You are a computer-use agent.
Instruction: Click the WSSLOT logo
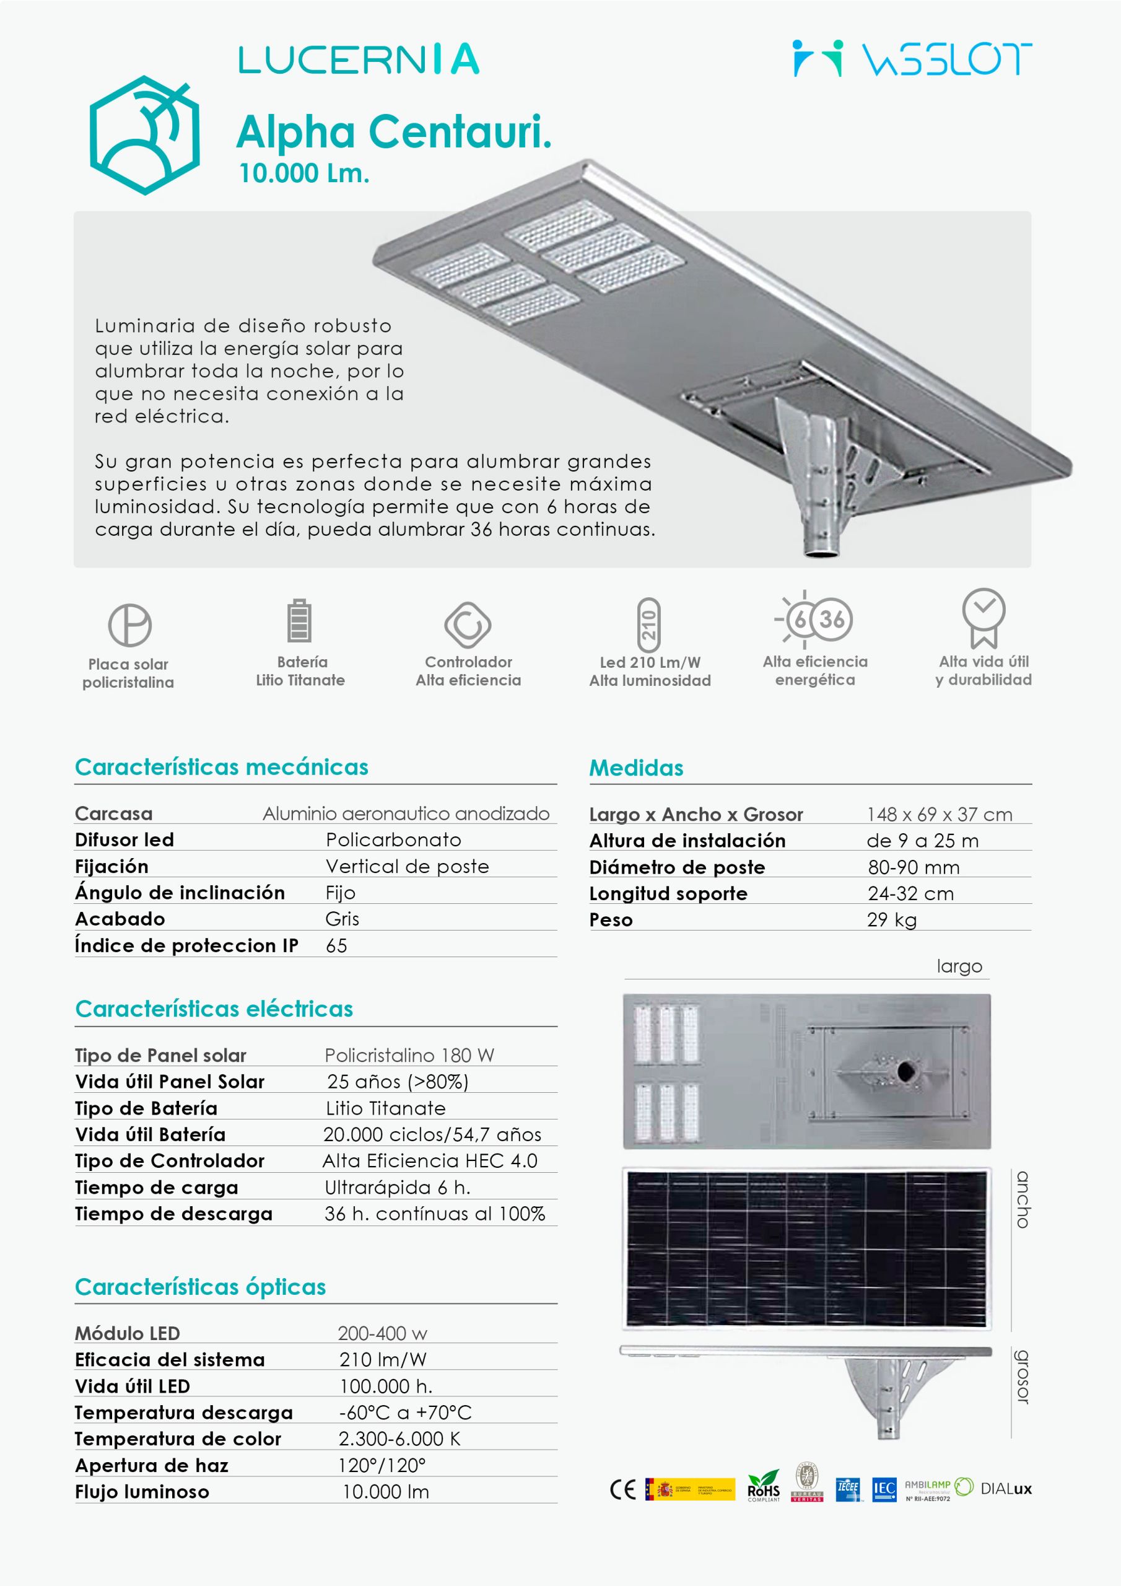click(912, 59)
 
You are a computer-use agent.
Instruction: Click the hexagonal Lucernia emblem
click(144, 134)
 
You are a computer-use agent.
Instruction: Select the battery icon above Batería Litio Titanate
click(299, 620)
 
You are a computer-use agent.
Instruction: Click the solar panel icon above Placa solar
click(130, 625)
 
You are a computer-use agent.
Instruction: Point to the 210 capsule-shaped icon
click(648, 625)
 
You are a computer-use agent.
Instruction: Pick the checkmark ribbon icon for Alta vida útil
click(984, 617)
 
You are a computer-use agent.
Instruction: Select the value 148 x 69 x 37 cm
click(940, 815)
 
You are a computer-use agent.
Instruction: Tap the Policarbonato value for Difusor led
click(393, 840)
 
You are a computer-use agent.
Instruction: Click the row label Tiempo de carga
click(156, 1188)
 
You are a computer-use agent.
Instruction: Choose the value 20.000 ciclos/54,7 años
click(432, 1134)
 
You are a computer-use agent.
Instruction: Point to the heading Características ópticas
click(200, 1287)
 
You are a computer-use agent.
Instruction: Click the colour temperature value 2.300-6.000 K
click(398, 1439)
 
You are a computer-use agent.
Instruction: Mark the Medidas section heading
click(636, 768)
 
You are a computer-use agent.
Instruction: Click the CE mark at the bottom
click(622, 1489)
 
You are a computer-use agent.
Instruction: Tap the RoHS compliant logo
click(763, 1486)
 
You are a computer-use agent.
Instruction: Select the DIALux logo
click(1006, 1489)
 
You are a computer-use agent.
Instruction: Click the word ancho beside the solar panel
click(1023, 1199)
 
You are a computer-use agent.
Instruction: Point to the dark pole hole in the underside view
click(905, 1071)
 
